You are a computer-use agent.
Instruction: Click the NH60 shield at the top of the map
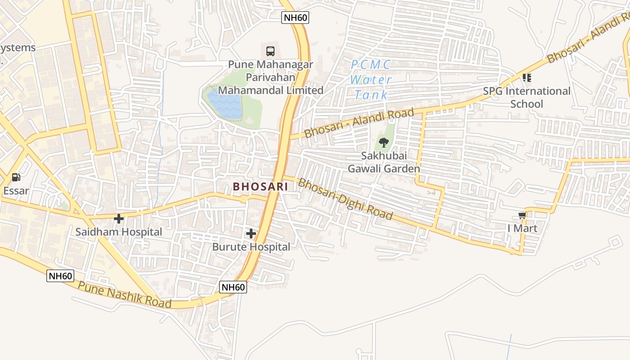tap(295, 18)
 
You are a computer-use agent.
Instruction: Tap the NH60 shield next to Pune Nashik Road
tap(60, 276)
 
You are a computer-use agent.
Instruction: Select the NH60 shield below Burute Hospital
tap(234, 287)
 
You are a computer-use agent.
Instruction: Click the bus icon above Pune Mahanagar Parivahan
tap(270, 51)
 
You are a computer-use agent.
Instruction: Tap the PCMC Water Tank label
tap(371, 80)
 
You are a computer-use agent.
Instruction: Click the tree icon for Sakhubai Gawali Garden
tap(384, 143)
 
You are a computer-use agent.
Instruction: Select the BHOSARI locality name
tap(261, 186)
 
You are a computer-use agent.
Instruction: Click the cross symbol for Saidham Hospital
tap(119, 219)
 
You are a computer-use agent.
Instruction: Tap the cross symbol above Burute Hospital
tap(251, 234)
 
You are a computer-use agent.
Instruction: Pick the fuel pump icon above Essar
tap(16, 177)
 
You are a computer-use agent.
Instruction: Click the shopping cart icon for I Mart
tap(522, 216)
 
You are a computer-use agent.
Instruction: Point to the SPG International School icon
tap(527, 78)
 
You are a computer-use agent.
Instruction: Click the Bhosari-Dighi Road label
tap(345, 199)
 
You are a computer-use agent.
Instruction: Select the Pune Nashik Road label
tap(125, 295)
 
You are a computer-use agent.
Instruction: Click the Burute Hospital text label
tap(251, 247)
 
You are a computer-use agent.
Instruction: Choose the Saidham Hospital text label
tap(118, 232)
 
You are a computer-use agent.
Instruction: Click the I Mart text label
tap(522, 228)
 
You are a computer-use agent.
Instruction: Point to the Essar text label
tap(16, 190)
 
